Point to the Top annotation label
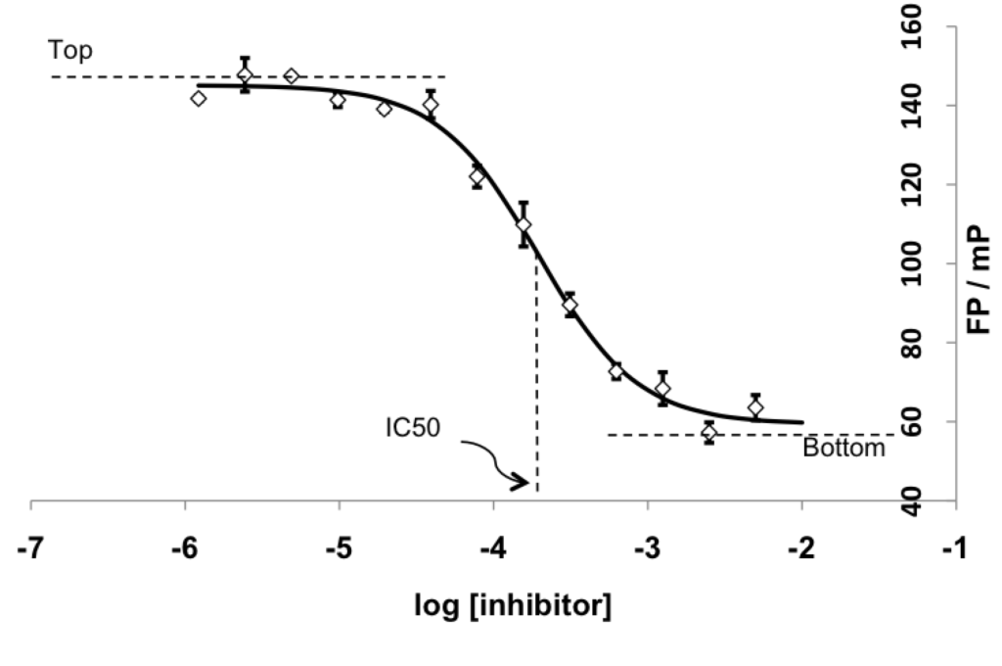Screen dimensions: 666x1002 [x=70, y=51]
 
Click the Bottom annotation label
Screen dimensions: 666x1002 [x=843, y=449]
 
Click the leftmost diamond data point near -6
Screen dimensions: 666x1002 [x=199, y=98]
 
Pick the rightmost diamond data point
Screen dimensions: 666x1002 [x=755, y=407]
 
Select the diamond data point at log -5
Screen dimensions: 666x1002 [x=338, y=100]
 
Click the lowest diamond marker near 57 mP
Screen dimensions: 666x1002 [x=708, y=432]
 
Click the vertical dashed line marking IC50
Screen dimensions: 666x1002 [x=536, y=392]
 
